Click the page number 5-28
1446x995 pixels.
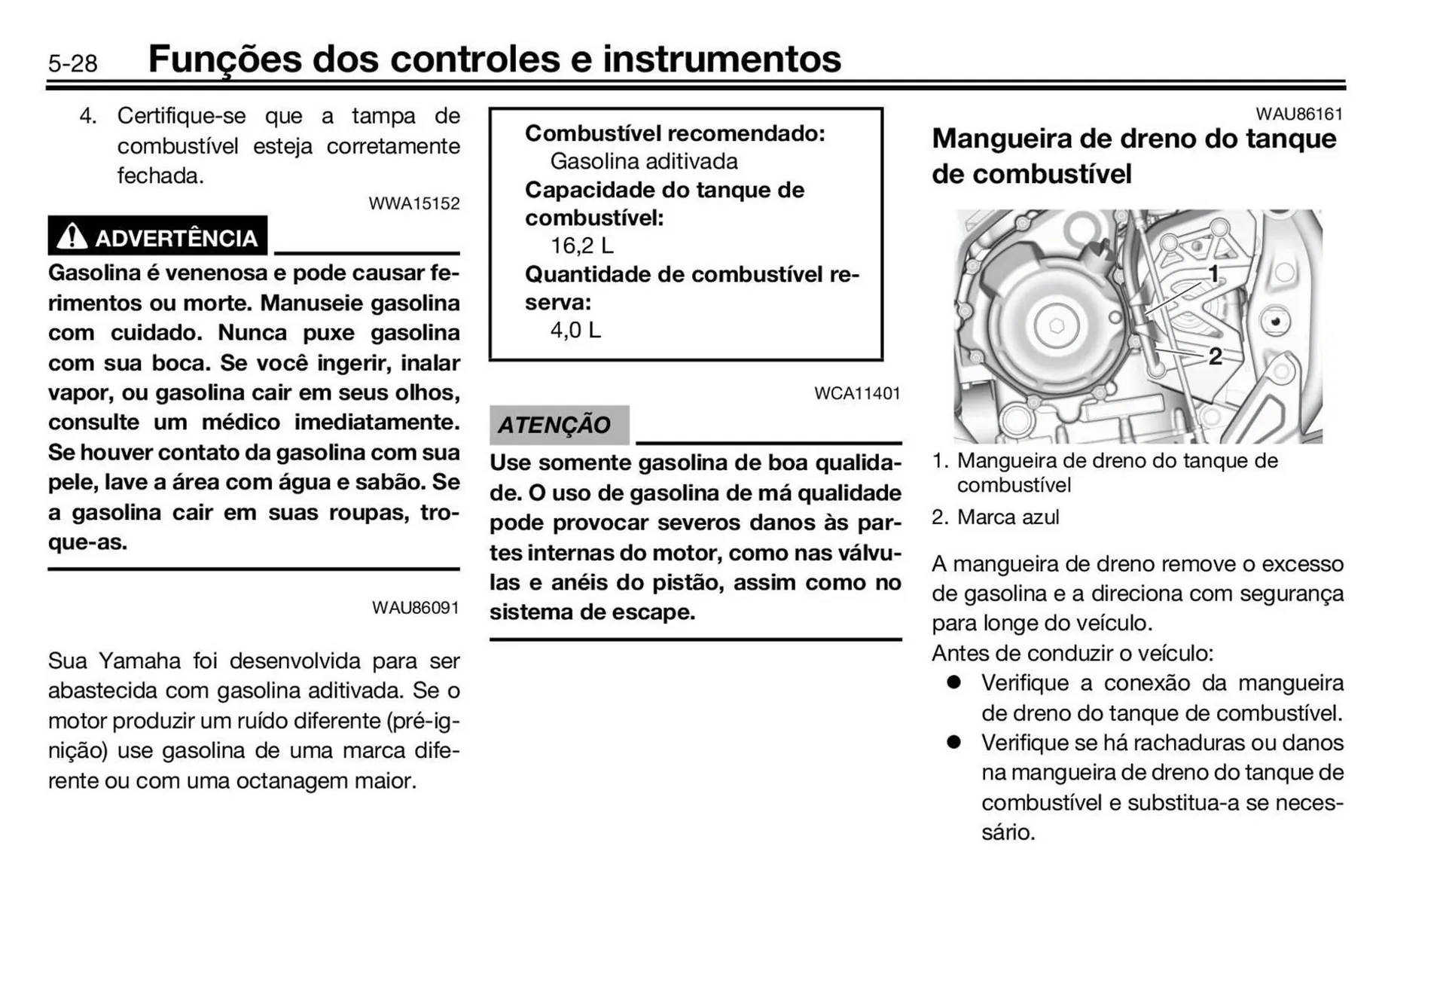pos(72,63)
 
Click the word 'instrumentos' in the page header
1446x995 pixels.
pos(721,59)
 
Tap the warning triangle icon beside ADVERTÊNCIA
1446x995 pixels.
pos(72,237)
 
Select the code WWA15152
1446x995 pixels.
pos(413,203)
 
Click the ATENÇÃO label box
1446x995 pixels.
pos(558,425)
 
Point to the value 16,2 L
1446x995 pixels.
pos(581,246)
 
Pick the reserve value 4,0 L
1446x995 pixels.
pos(575,330)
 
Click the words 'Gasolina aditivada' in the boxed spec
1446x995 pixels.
pos(644,161)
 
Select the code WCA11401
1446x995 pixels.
pos(856,393)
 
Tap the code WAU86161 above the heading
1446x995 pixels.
pos(1298,114)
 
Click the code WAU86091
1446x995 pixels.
pos(415,608)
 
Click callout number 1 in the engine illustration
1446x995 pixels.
pos(1213,274)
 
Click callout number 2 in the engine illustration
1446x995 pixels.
pos(1214,356)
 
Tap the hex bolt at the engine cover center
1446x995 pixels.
pos(1057,326)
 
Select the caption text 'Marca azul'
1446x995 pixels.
pos(1008,517)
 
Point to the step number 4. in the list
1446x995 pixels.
pos(88,116)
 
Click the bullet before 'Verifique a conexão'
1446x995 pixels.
pos(954,682)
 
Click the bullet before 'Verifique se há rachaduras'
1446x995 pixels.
pos(954,742)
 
